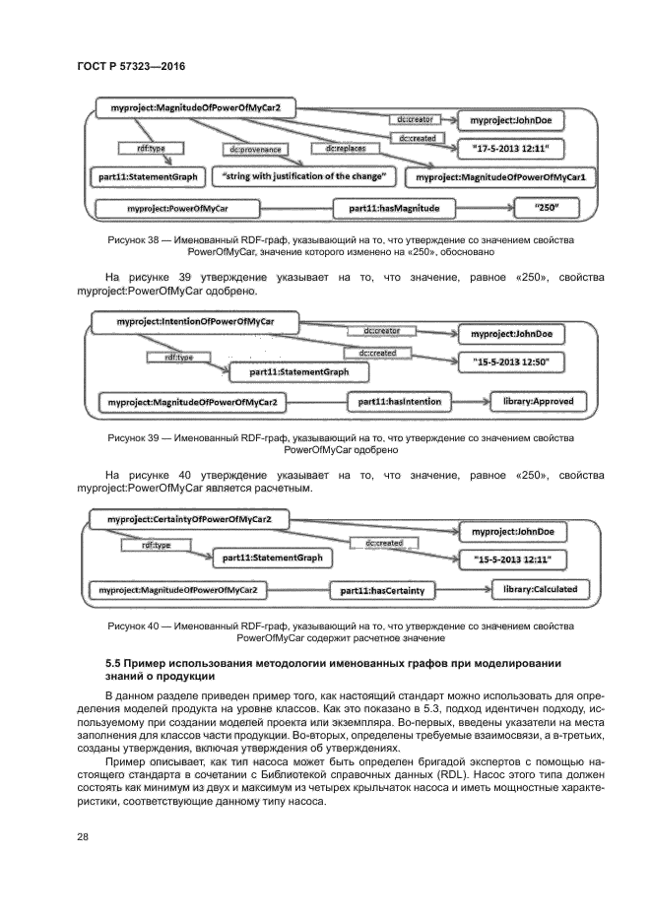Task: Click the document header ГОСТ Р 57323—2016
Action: pyautogui.click(x=131, y=66)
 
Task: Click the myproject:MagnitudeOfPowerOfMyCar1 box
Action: pyautogui.click(x=500, y=178)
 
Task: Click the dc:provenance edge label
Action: pyautogui.click(x=255, y=150)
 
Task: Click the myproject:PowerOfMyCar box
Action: pyautogui.click(x=177, y=209)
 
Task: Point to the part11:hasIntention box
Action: pyautogui.click(x=399, y=402)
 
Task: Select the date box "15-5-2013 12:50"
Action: pyautogui.click(x=511, y=362)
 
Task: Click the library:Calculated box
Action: pyautogui.click(x=540, y=590)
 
